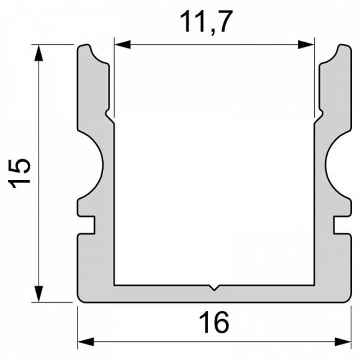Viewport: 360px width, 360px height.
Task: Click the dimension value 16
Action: pyautogui.click(x=214, y=323)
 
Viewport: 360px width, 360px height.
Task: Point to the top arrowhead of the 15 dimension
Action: pyautogui.click(x=40, y=52)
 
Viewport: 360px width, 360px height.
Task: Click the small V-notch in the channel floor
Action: pyautogui.click(x=214, y=287)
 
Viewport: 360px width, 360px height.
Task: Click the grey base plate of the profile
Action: pyautogui.click(x=214, y=294)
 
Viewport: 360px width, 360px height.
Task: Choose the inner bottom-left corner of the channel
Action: pyautogui.click(x=115, y=285)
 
